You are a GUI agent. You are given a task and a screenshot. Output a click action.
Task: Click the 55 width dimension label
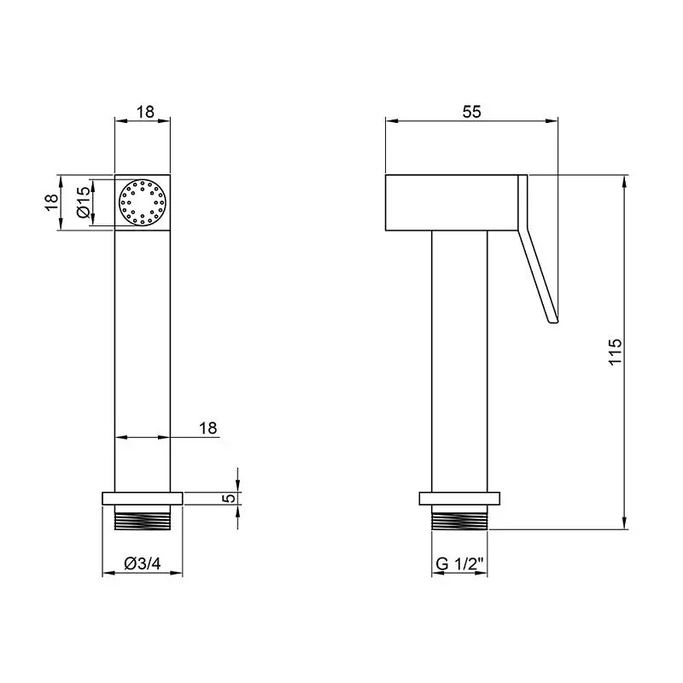471,112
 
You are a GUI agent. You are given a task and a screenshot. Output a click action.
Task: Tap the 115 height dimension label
615,352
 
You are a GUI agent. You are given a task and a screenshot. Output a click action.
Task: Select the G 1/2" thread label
459,563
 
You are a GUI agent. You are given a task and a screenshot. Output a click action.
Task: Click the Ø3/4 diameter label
142,563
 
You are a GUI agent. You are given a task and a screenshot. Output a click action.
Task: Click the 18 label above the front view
145,112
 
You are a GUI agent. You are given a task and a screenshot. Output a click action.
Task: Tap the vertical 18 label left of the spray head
52,202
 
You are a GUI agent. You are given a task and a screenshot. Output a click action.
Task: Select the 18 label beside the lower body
207,429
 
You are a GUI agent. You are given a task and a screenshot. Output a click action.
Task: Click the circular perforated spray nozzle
143,202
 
